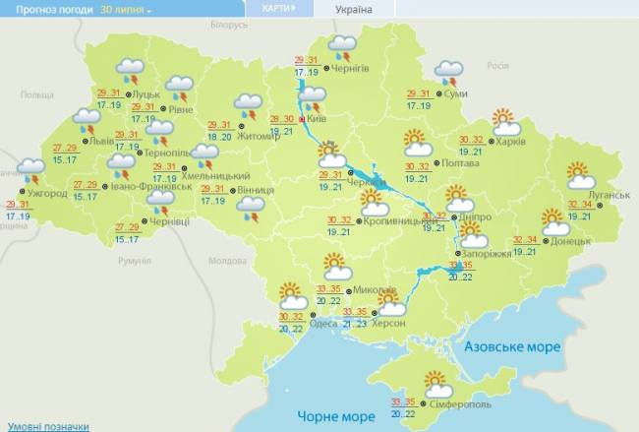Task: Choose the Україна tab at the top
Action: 353,9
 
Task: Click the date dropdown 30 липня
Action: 126,9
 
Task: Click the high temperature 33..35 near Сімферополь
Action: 404,401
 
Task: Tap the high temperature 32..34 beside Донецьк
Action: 526,240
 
